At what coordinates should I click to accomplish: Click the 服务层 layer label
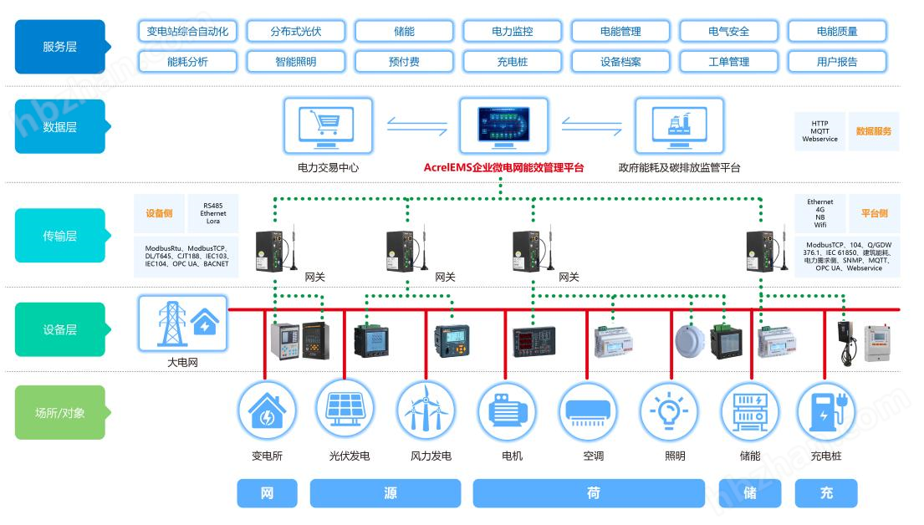click(x=59, y=47)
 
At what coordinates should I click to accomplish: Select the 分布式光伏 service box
click(x=295, y=32)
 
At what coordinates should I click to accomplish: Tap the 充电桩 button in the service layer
click(x=512, y=61)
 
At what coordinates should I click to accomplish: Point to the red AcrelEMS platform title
click(x=503, y=168)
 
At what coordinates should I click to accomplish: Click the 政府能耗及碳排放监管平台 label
click(x=679, y=168)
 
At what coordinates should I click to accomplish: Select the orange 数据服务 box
click(x=873, y=131)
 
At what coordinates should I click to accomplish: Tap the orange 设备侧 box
click(x=159, y=213)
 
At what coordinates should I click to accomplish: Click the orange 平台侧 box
click(x=874, y=213)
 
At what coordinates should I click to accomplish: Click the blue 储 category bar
click(x=749, y=493)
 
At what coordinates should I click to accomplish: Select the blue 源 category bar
click(x=390, y=493)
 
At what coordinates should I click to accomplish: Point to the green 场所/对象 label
click(x=59, y=412)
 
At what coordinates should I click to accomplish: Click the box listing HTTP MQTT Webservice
click(x=819, y=131)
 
